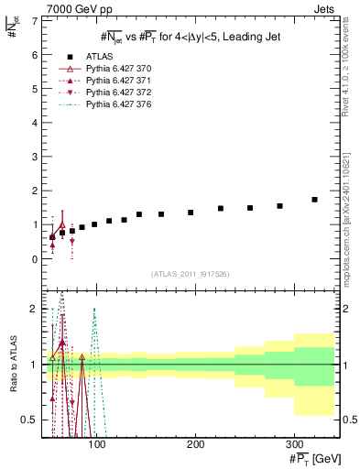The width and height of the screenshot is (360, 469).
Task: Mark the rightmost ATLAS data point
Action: (x=314, y=199)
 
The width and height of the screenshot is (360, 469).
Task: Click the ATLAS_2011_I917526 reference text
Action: (x=190, y=274)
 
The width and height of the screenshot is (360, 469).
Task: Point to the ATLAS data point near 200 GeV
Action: (x=191, y=213)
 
